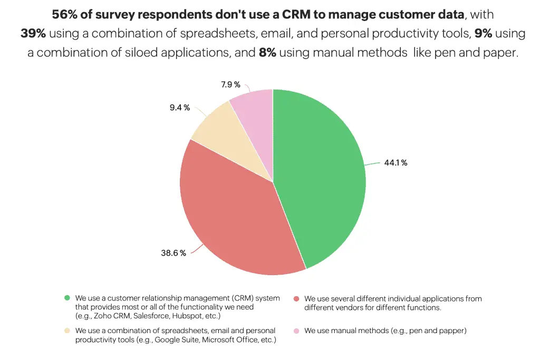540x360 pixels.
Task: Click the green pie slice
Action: [322, 174]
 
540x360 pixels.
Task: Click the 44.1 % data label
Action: [396, 163]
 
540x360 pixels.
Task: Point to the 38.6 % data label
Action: [173, 253]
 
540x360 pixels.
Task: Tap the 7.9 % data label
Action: [230, 84]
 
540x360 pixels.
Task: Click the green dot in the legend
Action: [67, 298]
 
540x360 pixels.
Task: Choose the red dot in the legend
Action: [296, 298]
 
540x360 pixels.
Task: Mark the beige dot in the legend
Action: [67, 330]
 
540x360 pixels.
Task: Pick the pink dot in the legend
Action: [296, 330]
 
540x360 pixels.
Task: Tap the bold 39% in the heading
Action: [33, 34]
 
